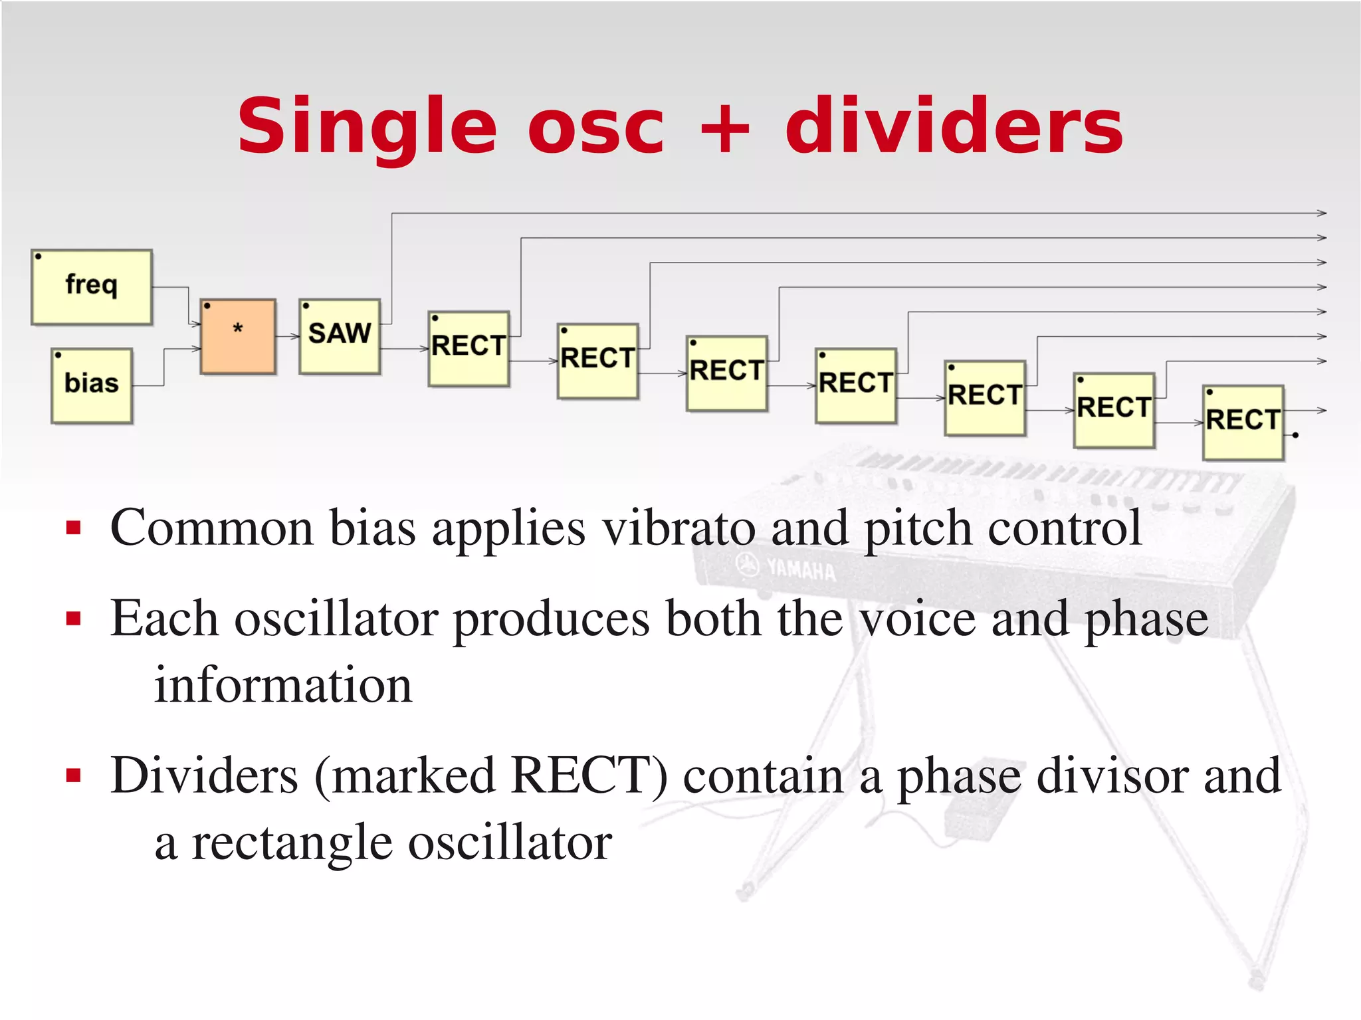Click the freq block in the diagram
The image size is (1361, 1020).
click(92, 286)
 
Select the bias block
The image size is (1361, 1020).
click(92, 385)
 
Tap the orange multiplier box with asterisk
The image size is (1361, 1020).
click(238, 336)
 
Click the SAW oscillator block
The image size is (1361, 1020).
click(340, 336)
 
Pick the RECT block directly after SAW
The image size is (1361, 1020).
click(469, 348)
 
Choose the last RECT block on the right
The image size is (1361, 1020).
click(1243, 423)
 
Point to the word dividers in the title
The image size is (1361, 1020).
click(954, 126)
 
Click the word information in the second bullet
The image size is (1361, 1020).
click(283, 684)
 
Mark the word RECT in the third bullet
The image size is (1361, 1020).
click(589, 775)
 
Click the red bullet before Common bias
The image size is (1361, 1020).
click(74, 528)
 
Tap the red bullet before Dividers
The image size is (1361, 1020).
click(74, 775)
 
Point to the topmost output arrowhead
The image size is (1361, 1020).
click(1322, 213)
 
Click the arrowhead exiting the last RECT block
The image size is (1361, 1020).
click(1322, 411)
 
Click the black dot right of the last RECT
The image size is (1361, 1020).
click(1295, 435)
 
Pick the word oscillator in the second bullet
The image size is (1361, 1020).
click(336, 619)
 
